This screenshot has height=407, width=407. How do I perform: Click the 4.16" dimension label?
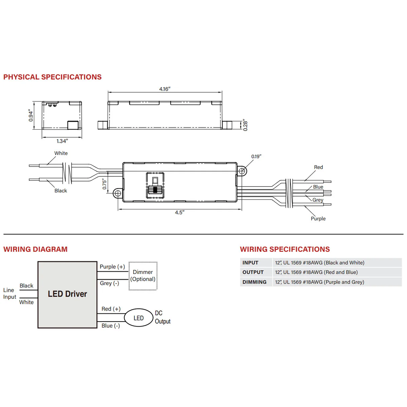165,89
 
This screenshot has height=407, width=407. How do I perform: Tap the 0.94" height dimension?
31,115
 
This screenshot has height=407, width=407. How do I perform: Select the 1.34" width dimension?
62,141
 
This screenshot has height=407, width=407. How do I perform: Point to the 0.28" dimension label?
245,125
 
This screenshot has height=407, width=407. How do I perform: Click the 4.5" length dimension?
180,212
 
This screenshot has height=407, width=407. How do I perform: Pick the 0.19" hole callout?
256,156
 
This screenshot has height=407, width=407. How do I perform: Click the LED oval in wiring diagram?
139,318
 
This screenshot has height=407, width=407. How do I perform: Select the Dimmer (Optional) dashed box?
143,276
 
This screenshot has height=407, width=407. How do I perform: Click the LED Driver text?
67,294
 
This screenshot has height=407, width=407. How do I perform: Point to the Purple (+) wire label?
112,267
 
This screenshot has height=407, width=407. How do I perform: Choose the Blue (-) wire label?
111,326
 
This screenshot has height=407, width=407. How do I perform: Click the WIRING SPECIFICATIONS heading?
285,249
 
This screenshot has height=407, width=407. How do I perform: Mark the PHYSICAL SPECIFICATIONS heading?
52,77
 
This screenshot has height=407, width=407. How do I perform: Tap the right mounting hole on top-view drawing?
242,171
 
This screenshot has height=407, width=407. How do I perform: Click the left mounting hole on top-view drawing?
118,193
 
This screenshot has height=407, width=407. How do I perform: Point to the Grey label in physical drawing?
318,200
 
